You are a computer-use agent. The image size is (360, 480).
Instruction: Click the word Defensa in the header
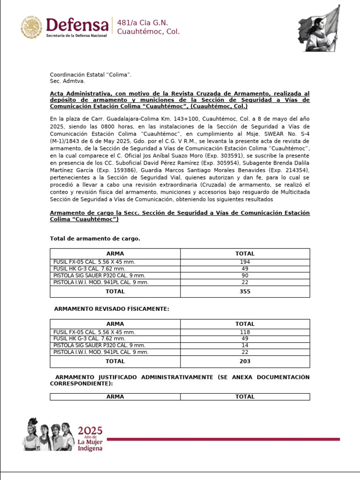(77, 24)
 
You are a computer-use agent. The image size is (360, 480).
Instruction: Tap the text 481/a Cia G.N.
(142, 23)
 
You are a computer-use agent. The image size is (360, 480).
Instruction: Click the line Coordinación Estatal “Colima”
(91, 75)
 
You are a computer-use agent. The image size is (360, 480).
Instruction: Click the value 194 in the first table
(245, 262)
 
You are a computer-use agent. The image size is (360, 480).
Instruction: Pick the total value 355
(245, 291)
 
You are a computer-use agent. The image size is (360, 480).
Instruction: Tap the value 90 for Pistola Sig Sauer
(245, 276)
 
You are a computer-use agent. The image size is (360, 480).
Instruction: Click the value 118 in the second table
(245, 332)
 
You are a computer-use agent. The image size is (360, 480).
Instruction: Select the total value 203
(245, 361)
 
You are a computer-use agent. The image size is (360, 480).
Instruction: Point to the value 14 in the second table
(245, 345)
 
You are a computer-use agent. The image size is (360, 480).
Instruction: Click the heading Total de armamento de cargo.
(95, 239)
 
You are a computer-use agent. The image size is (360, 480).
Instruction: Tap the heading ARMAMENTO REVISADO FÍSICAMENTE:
(112, 309)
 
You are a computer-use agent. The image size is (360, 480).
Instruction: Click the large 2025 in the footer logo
(90, 430)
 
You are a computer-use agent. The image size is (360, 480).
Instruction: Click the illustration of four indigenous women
(49, 435)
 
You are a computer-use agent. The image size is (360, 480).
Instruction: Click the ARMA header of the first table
(115, 254)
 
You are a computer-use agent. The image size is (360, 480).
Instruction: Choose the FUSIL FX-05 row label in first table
(94, 262)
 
